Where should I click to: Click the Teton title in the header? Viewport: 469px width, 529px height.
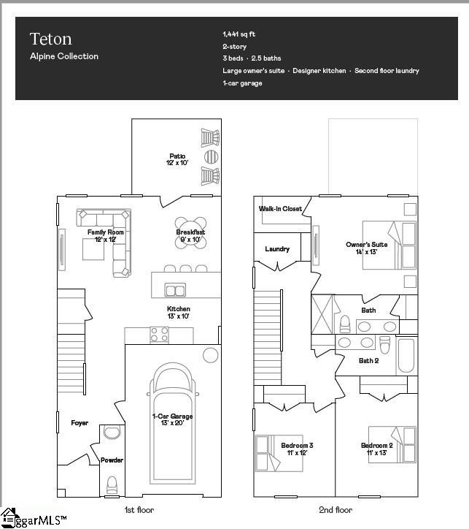click(x=50, y=39)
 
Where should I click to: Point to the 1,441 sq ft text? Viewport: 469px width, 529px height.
click(x=239, y=34)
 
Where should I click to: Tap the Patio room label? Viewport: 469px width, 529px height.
click(x=176, y=156)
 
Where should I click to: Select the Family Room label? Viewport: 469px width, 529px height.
click(x=106, y=232)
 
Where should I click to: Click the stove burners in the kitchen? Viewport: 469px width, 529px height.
click(x=159, y=335)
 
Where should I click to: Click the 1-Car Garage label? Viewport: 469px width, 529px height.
click(x=173, y=416)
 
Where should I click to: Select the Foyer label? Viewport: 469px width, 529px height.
click(x=80, y=423)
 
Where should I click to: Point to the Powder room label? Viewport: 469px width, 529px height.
click(x=112, y=460)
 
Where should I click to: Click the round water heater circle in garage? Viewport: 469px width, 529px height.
click(x=210, y=356)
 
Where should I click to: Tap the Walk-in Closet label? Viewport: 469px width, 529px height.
click(x=280, y=209)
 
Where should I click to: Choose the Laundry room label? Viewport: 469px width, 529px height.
click(x=277, y=249)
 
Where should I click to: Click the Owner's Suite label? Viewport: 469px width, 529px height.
click(x=366, y=245)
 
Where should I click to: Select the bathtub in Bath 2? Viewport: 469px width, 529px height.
click(x=406, y=356)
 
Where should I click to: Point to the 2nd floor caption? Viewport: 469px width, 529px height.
click(x=336, y=510)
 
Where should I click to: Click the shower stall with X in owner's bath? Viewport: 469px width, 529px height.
click(x=322, y=313)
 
